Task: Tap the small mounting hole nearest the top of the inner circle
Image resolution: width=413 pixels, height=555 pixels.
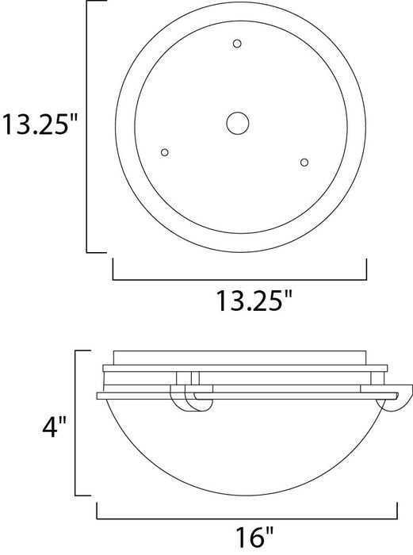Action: pyautogui.click(x=238, y=44)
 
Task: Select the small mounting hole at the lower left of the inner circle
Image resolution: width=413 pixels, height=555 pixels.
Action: pyautogui.click(x=165, y=151)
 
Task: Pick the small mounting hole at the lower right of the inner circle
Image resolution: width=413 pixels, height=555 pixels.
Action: pyautogui.click(x=304, y=162)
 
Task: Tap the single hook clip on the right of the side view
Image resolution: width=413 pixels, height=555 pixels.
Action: pyautogui.click(x=403, y=399)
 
